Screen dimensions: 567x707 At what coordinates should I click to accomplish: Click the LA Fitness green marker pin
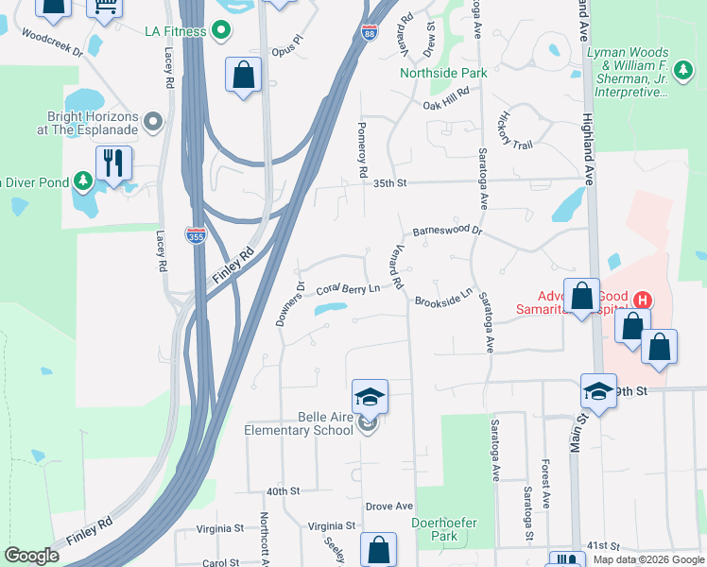point(222,31)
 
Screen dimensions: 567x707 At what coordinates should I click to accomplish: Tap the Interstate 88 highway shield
point(369,34)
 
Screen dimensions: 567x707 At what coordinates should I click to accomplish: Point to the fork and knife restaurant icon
point(113,162)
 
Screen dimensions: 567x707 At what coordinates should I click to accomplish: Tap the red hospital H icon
point(642,301)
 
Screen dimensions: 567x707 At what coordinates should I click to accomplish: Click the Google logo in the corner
point(31,555)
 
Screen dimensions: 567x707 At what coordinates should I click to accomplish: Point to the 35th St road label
point(388,183)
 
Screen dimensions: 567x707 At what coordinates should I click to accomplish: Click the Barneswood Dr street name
point(447,231)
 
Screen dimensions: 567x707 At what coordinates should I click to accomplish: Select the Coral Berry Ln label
point(347,288)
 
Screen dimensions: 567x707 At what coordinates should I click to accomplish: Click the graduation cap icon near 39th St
point(597,390)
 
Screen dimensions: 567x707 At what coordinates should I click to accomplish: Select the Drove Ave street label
point(389,507)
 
